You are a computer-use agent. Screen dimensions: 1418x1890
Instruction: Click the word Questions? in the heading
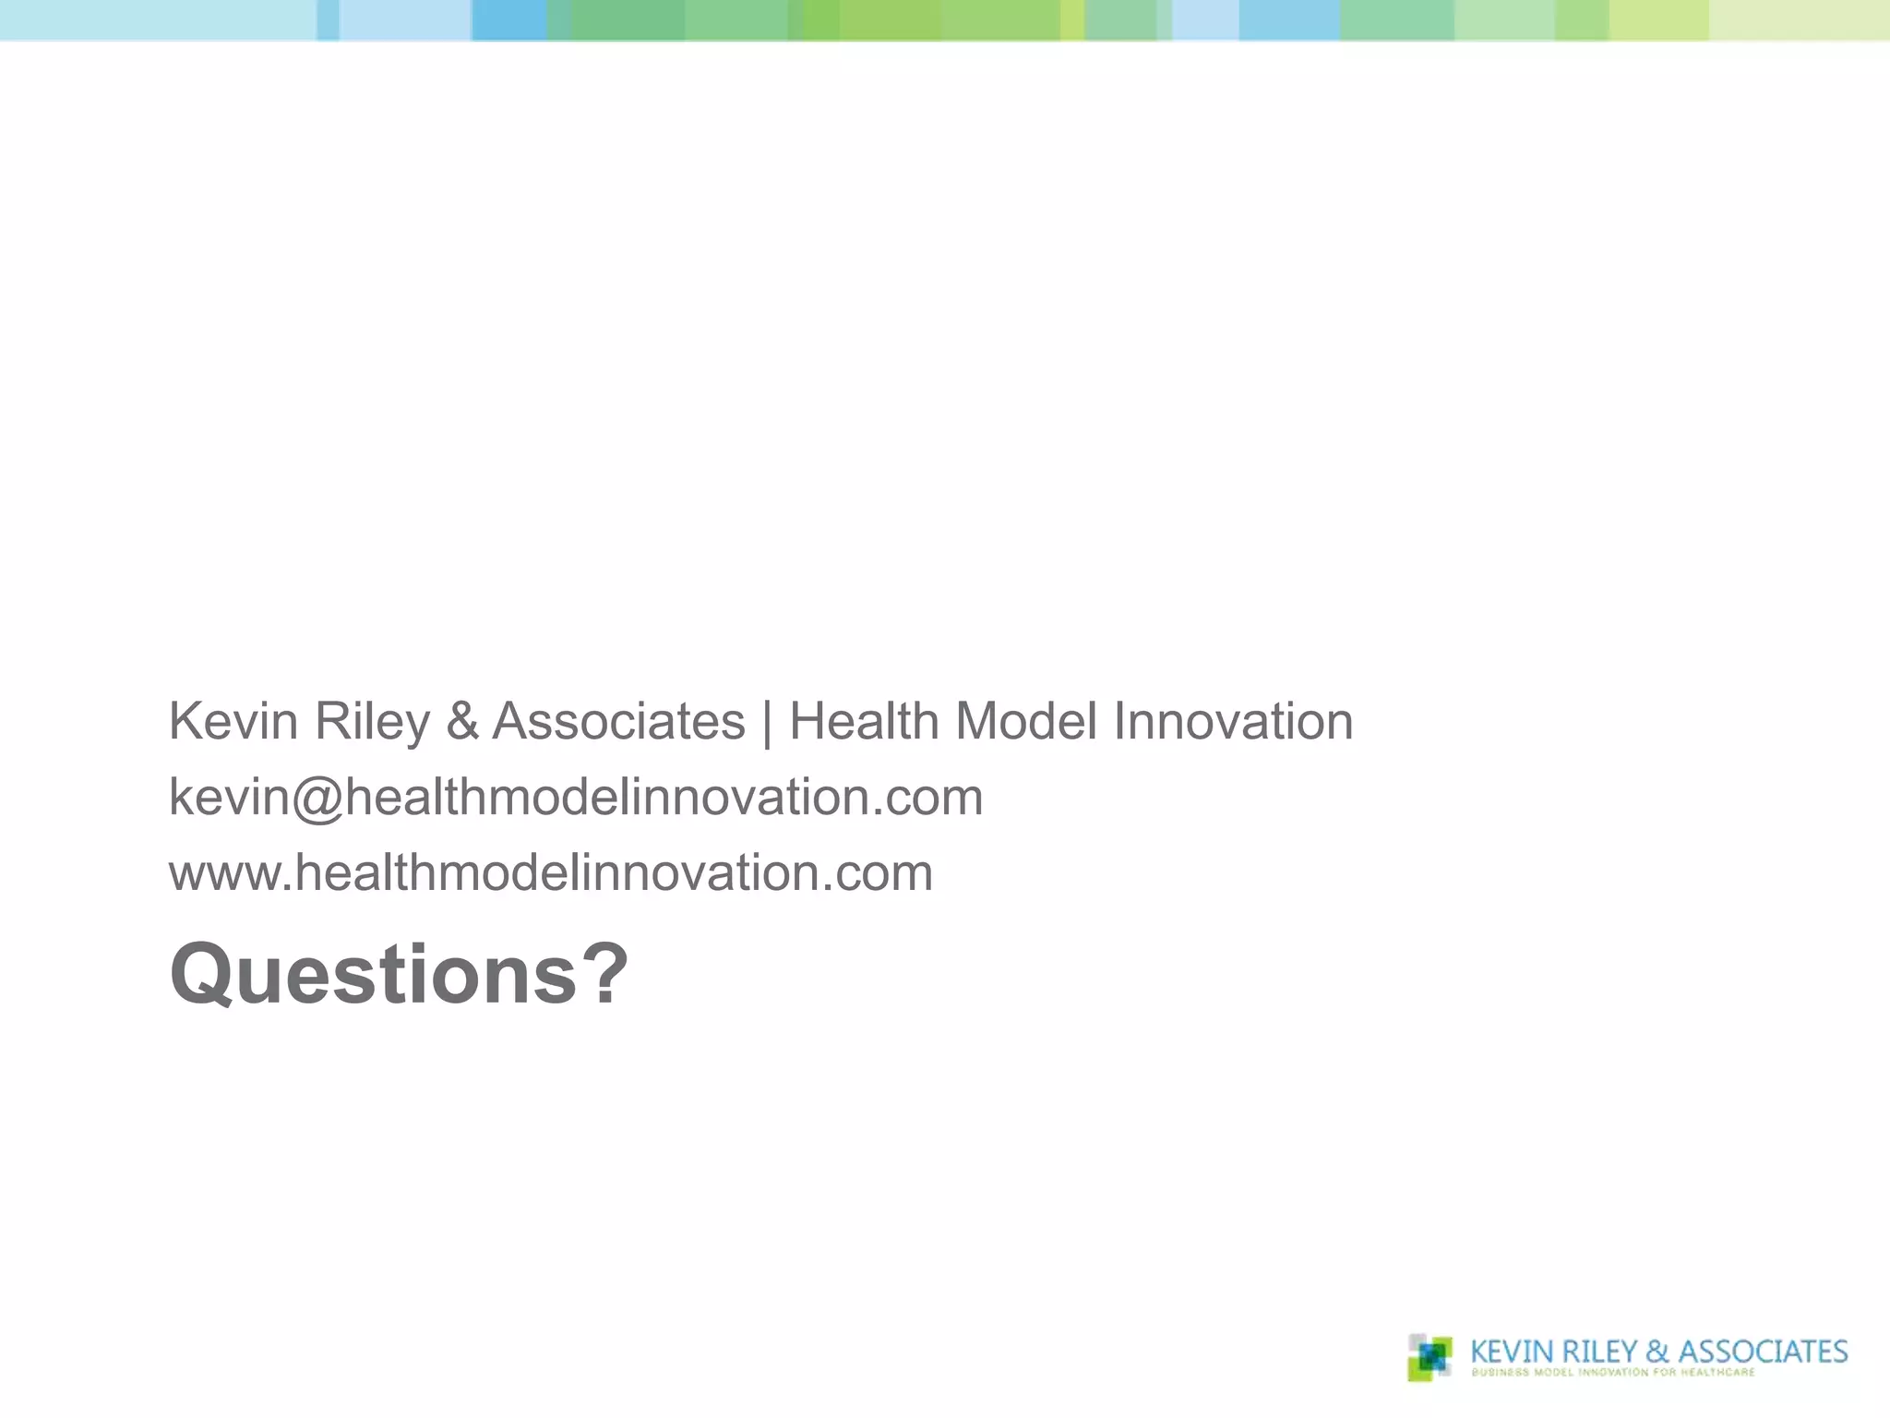pyautogui.click(x=399, y=975)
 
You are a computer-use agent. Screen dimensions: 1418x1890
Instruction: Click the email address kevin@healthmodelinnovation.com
pyautogui.click(x=576, y=797)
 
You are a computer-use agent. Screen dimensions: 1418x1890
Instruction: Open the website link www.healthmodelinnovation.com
pyautogui.click(x=551, y=873)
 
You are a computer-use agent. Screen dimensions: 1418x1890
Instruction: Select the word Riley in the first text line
pyautogui.click(x=372, y=723)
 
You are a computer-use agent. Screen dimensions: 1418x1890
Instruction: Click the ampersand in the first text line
pyautogui.click(x=462, y=721)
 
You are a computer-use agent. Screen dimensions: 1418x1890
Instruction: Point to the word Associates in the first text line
pyautogui.click(x=618, y=721)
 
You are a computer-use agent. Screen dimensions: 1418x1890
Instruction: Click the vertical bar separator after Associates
pyautogui.click(x=768, y=723)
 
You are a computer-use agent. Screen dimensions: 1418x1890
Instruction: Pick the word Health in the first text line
pyautogui.click(x=864, y=721)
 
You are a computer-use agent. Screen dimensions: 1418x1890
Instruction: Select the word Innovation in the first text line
pyautogui.click(x=1233, y=721)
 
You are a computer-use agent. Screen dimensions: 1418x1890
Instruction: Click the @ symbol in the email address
pyautogui.click(x=318, y=799)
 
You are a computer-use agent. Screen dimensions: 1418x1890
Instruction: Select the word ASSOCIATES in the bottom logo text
pyautogui.click(x=1763, y=1352)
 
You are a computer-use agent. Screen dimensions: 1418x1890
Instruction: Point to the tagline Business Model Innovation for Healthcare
pyautogui.click(x=1613, y=1373)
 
